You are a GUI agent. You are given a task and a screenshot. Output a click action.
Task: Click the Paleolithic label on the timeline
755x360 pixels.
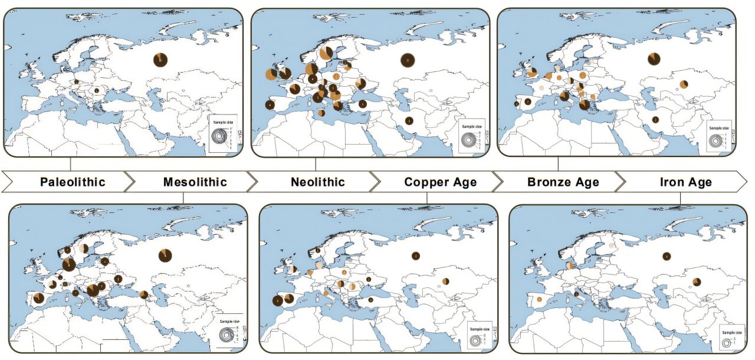[73, 182]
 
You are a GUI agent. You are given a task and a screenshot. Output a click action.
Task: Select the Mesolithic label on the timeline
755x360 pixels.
[195, 182]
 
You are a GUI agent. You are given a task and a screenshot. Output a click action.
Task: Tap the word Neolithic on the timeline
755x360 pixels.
[317, 182]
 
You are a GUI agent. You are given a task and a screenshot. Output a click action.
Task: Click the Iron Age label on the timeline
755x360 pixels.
[685, 182]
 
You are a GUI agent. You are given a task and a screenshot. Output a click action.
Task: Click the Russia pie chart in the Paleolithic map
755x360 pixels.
[160, 60]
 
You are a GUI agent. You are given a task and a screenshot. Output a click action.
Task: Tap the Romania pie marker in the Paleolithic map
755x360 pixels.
[97, 91]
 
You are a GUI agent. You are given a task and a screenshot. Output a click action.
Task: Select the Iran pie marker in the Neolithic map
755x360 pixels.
[409, 121]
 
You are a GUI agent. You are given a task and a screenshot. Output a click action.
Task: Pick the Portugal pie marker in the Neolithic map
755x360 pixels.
[270, 105]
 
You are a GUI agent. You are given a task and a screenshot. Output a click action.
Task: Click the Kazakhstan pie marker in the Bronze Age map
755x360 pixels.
[684, 84]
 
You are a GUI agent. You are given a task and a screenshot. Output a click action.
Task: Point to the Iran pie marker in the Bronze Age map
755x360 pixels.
[655, 120]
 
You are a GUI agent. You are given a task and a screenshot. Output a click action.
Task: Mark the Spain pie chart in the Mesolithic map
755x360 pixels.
[38, 298]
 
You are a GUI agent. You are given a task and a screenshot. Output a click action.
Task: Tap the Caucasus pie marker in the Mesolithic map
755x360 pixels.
[143, 294]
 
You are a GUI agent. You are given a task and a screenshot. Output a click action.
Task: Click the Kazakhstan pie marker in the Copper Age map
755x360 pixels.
[446, 281]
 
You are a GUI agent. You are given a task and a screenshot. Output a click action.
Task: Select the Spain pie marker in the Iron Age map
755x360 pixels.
[539, 300]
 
